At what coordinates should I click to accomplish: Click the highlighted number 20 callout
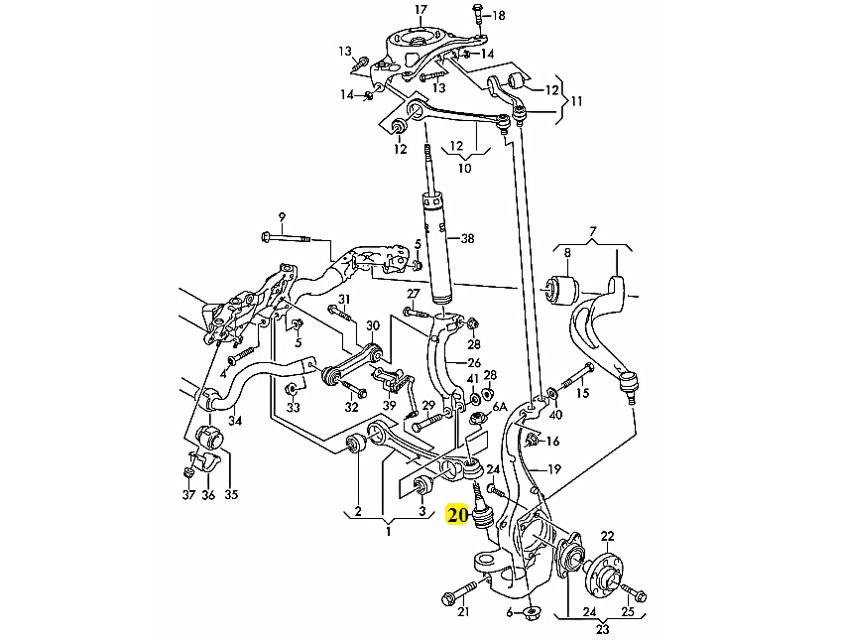[x=458, y=515]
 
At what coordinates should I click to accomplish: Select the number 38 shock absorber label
[x=467, y=238]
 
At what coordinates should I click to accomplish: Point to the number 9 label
[x=282, y=217]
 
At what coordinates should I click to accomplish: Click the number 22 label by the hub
[x=607, y=536]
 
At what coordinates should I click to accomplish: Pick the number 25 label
[x=627, y=613]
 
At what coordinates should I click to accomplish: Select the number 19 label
[x=554, y=468]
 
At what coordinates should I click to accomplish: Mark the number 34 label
[x=234, y=420]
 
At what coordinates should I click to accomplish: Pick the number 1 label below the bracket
[x=389, y=532]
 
